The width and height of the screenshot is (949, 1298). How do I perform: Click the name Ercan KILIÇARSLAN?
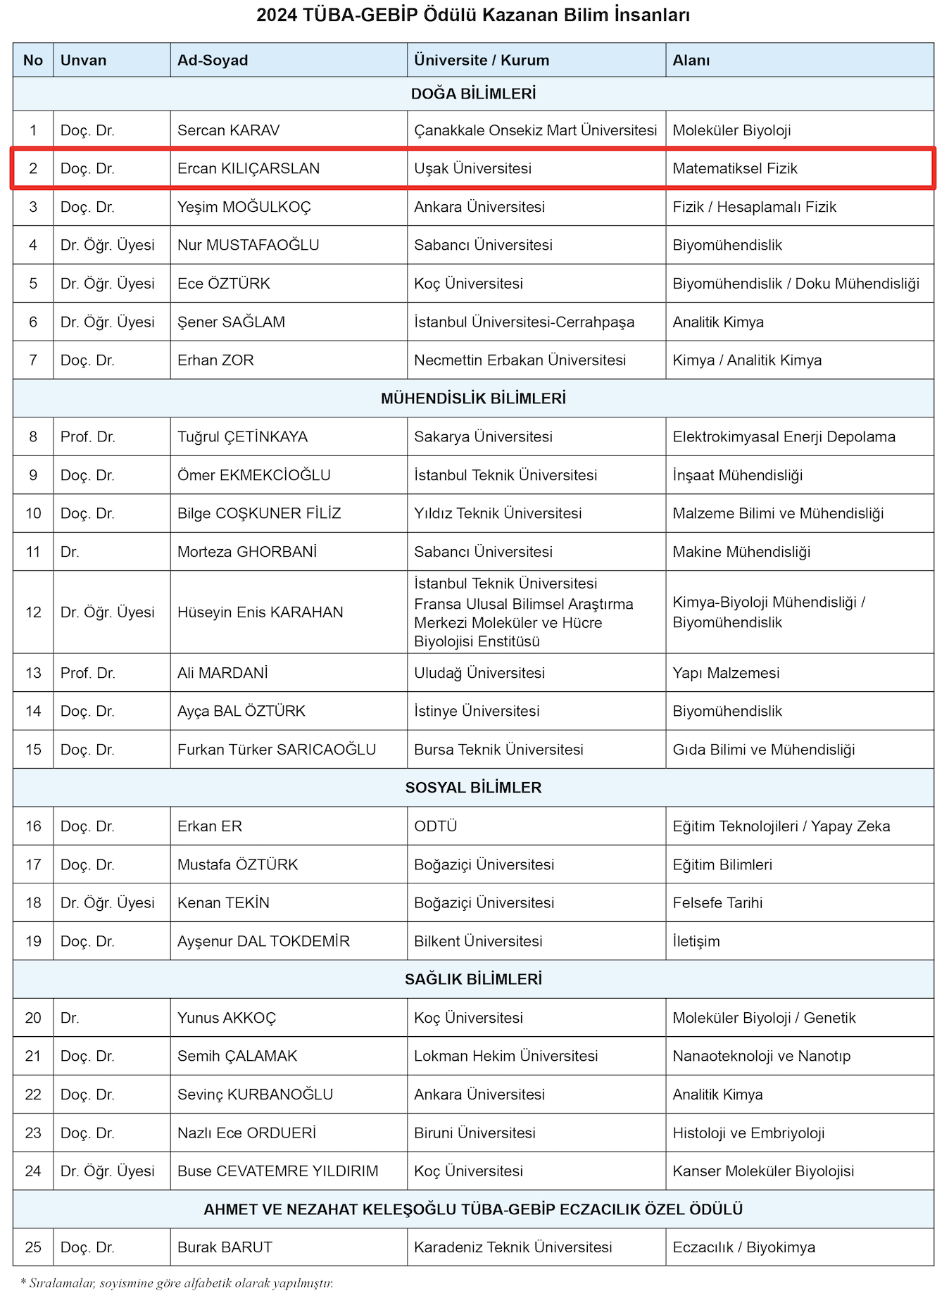248,169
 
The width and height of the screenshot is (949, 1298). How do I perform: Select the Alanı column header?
691,61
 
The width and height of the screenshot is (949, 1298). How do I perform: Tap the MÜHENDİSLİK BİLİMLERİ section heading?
473,399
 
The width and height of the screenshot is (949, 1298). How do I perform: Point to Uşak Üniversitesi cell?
472,169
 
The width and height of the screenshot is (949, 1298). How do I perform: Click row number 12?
33,612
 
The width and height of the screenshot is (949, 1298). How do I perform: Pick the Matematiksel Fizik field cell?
735,169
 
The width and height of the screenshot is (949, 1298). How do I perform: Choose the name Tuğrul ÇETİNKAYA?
242,437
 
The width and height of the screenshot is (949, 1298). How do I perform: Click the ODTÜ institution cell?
435,826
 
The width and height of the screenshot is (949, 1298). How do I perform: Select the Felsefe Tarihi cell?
717,903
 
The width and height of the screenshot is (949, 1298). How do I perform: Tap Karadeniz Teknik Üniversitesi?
513,1247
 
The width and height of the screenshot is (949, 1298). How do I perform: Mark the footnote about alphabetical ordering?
177,1283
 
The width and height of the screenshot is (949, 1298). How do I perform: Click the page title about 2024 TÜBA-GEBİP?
473,15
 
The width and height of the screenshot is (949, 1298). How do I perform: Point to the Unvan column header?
83,61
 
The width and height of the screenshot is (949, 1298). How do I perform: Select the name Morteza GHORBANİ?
247,552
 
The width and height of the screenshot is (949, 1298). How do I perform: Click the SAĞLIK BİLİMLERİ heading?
473,979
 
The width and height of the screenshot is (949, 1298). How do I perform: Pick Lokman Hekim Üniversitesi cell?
505,1056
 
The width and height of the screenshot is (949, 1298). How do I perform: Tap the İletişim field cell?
696,941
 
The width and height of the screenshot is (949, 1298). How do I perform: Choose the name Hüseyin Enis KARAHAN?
260,612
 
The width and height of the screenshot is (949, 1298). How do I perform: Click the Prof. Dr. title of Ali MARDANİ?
87,673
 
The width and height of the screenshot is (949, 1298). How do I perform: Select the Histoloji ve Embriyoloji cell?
748,1133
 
